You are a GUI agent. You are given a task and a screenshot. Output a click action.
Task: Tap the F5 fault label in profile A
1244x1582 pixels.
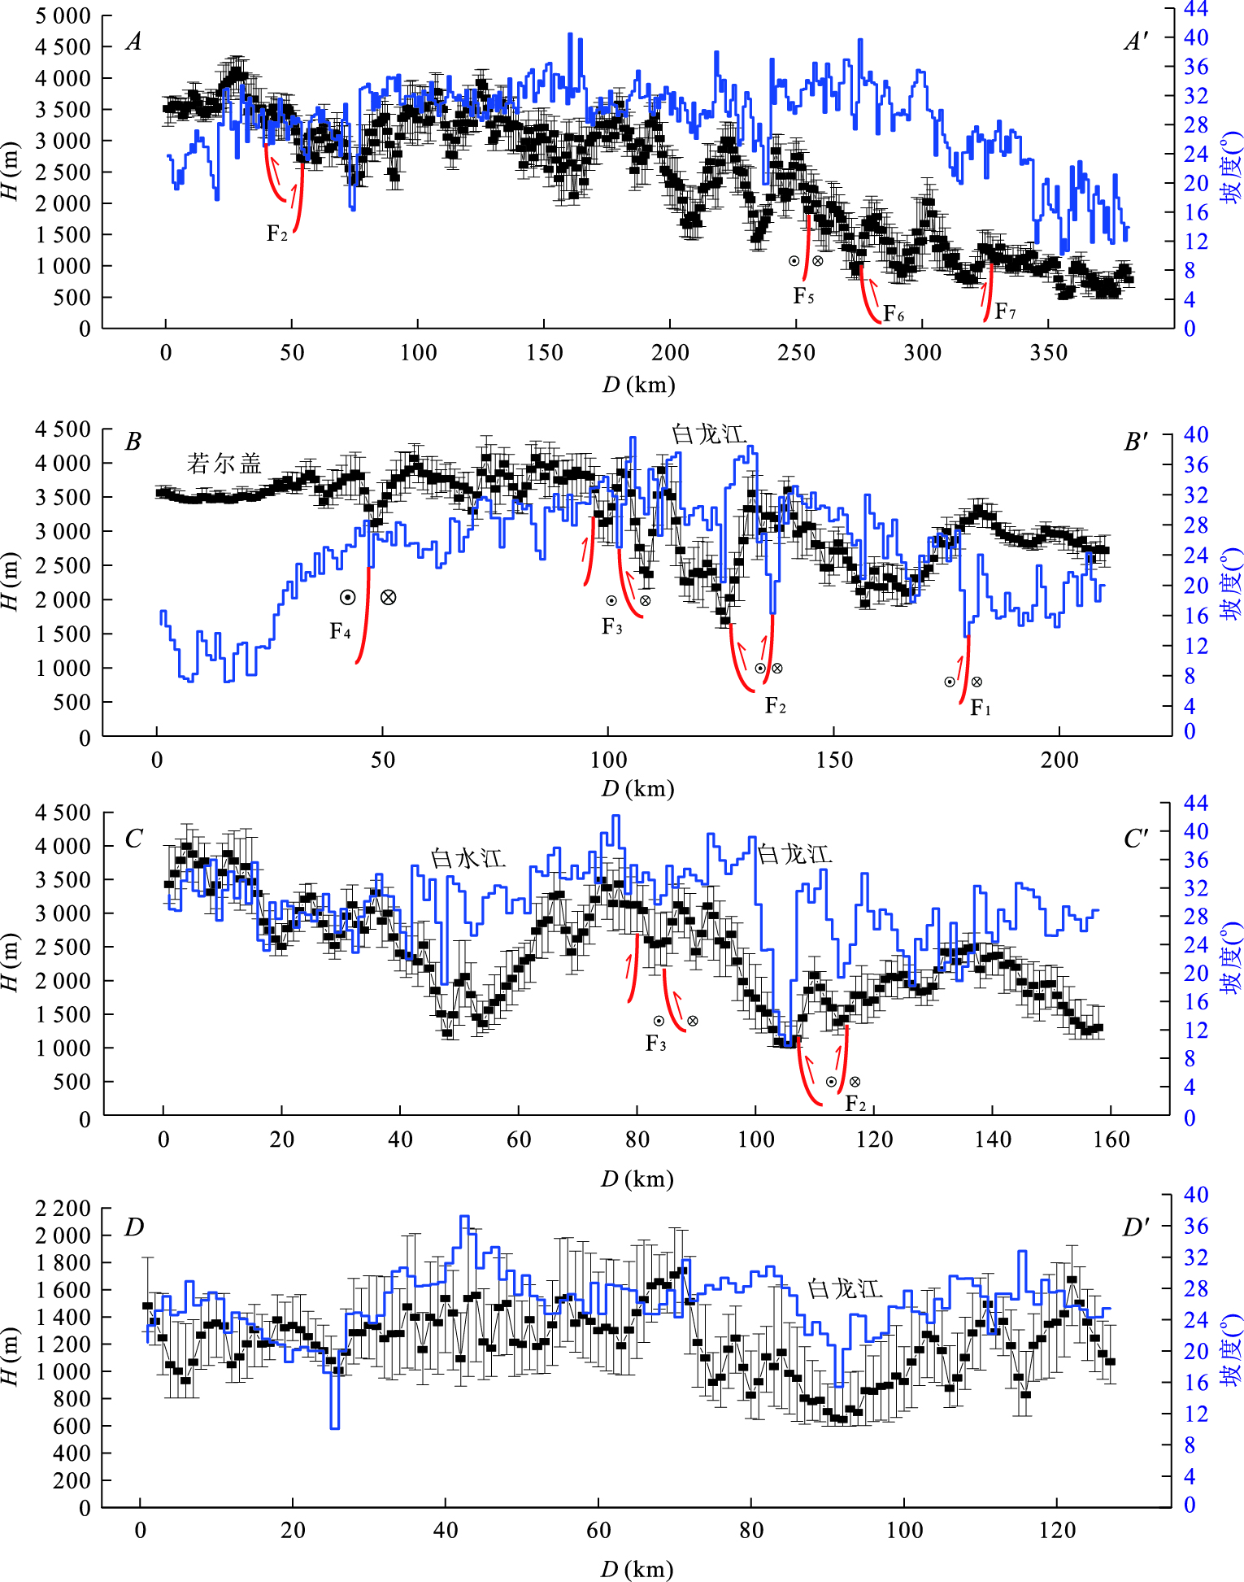point(803,296)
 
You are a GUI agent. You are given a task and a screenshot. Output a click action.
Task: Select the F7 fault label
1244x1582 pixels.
point(1005,312)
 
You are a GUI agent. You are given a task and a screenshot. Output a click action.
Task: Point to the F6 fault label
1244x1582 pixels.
point(894,314)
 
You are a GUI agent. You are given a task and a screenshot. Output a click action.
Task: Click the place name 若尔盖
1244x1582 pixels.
point(224,464)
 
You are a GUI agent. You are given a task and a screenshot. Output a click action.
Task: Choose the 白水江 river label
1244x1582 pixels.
point(468,858)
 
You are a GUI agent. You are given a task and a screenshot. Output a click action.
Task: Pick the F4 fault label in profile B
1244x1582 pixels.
point(340,631)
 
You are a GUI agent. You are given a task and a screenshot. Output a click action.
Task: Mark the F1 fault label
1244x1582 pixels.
point(981,708)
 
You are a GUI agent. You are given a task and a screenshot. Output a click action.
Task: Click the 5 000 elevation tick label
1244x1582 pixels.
point(63,15)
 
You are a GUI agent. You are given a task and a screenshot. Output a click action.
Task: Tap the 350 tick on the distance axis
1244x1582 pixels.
point(1048,353)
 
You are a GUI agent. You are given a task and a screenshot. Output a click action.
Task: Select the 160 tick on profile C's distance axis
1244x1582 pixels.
point(1111,1140)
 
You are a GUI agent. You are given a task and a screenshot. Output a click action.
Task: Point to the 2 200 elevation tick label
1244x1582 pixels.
point(63,1208)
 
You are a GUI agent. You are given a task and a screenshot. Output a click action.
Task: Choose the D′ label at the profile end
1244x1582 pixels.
point(1135,1227)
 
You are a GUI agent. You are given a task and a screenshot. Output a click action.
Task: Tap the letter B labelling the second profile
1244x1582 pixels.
point(133,442)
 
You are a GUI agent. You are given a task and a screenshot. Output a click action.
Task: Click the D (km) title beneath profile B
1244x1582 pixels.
point(637,788)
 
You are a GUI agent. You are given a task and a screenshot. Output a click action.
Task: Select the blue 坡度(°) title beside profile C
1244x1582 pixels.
point(1231,957)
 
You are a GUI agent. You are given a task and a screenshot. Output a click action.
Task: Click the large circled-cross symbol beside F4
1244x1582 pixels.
point(389,597)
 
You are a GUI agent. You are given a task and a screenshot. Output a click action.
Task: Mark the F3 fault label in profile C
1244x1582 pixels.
point(655,1043)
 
